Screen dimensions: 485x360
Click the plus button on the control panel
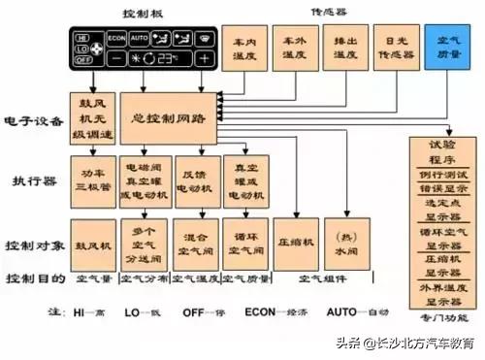click(204, 58)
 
